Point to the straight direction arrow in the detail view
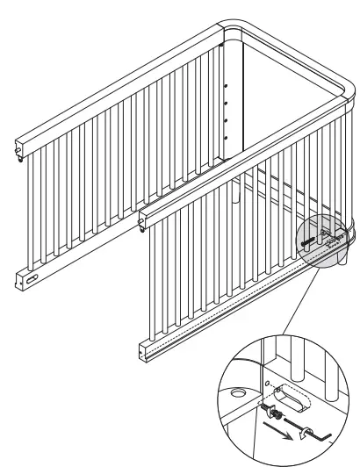[x=279, y=427]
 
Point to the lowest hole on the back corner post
[x=227, y=137]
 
